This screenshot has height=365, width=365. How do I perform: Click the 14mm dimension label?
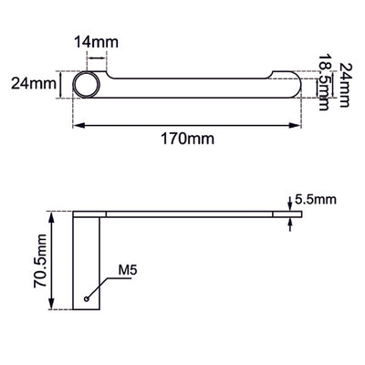pos(97,42)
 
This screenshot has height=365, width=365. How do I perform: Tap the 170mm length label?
pos(187,139)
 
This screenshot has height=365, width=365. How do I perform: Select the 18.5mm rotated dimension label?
pos(324,83)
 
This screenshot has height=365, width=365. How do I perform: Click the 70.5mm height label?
pos(40,261)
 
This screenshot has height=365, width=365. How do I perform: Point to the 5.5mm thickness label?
pos(316,200)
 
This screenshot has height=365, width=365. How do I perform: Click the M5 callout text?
pos(128,270)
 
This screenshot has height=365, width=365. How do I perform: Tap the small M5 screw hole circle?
pos(87,298)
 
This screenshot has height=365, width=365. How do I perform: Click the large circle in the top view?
pos(87,85)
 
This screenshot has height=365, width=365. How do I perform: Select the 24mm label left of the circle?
pos(34,83)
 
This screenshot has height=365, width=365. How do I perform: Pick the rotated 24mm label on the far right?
pos(345,85)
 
